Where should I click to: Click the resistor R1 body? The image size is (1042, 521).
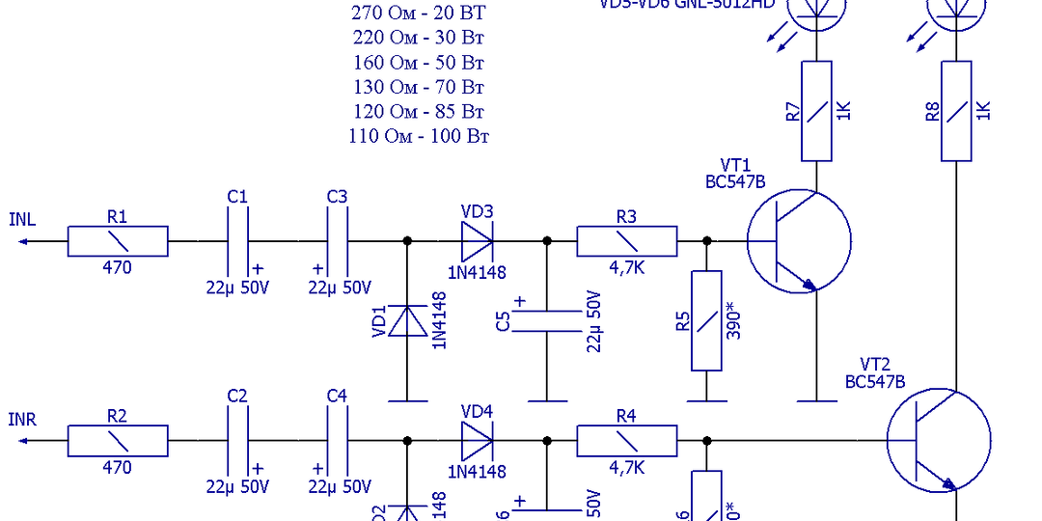click(117, 241)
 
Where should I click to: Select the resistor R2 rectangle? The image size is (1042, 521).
click(117, 441)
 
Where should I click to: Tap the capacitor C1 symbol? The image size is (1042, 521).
click(237, 241)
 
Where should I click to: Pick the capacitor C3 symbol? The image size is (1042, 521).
click(337, 241)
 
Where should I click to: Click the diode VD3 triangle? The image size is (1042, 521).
click(477, 240)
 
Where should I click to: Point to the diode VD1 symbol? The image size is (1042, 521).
click(406, 321)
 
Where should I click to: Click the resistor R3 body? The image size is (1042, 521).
click(626, 241)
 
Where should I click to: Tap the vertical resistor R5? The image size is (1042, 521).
click(706, 321)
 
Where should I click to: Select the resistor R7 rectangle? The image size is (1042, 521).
click(816, 111)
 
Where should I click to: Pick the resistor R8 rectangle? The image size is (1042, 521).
click(955, 111)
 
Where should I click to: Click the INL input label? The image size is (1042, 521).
click(22, 219)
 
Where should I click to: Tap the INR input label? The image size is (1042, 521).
click(22, 420)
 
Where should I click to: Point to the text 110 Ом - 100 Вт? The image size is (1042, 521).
click(419, 136)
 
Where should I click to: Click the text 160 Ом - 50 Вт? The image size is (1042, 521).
click(419, 63)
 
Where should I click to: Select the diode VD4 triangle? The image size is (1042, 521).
click(477, 441)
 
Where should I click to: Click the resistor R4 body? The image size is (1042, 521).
click(626, 441)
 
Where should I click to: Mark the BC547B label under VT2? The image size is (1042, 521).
click(875, 381)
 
